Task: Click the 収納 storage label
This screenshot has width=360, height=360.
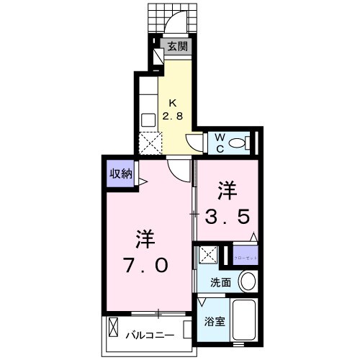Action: point(120,173)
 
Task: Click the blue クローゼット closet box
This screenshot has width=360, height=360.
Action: point(245,256)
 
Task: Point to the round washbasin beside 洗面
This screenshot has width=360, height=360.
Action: point(248,281)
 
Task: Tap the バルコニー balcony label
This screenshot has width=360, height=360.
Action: point(153,335)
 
